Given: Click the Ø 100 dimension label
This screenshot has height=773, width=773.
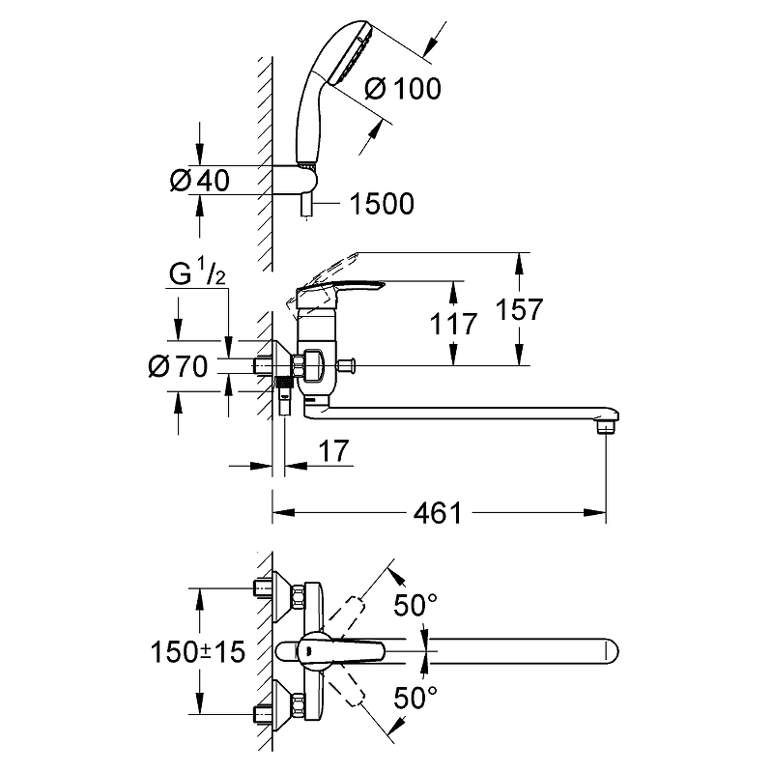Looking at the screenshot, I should pos(404,89).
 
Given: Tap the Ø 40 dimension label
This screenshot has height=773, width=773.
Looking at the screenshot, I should pos(200,181).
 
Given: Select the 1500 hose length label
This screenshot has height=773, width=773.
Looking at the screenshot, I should pos(382,204).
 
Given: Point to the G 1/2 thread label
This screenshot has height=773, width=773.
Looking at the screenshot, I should pos(198,274).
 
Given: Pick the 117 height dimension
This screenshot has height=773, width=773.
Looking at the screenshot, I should pos(454,324).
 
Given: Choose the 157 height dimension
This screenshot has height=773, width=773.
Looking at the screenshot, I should pos(523,309).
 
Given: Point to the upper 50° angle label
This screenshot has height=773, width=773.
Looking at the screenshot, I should pos(416,606).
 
